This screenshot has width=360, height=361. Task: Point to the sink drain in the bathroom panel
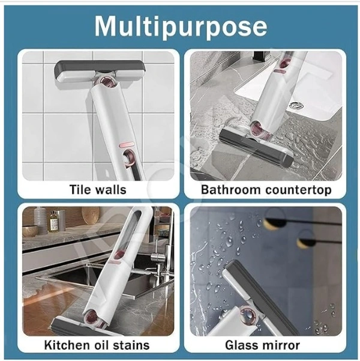[x=295, y=105]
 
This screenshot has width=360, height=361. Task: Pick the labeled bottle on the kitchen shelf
[x=53, y=220]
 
